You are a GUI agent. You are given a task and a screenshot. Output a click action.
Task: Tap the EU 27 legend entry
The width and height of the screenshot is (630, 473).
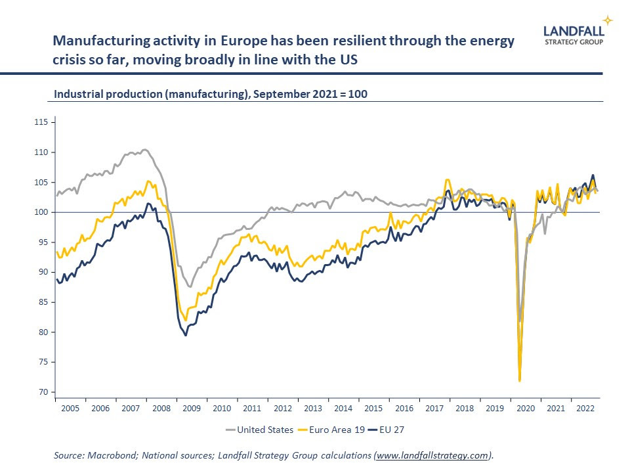pyautogui.click(x=390, y=430)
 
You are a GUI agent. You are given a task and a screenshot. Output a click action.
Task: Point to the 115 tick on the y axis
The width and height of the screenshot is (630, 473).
pyautogui.click(x=41, y=122)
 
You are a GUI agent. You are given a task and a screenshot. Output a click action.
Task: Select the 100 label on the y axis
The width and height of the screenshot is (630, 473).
pyautogui.click(x=41, y=212)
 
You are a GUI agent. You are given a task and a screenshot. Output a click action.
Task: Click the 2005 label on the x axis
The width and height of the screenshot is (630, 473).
pyautogui.click(x=70, y=408)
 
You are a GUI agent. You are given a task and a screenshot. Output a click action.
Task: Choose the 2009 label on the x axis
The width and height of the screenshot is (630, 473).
pyautogui.click(x=192, y=408)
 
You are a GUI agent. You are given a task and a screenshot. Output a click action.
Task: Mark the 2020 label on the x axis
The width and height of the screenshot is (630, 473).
pyautogui.click(x=525, y=408)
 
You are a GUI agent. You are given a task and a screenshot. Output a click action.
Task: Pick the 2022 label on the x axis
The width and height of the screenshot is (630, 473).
pyautogui.click(x=585, y=408)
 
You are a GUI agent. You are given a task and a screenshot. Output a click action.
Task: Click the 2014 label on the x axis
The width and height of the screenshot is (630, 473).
pyautogui.click(x=343, y=408)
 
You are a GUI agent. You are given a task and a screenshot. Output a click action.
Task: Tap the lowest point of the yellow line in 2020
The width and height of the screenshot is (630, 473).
pyautogui.click(x=520, y=380)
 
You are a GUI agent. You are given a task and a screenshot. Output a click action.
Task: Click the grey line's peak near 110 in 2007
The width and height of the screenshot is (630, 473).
pyautogui.click(x=145, y=150)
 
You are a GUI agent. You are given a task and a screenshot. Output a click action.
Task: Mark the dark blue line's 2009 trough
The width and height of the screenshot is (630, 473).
pyautogui.click(x=186, y=335)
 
